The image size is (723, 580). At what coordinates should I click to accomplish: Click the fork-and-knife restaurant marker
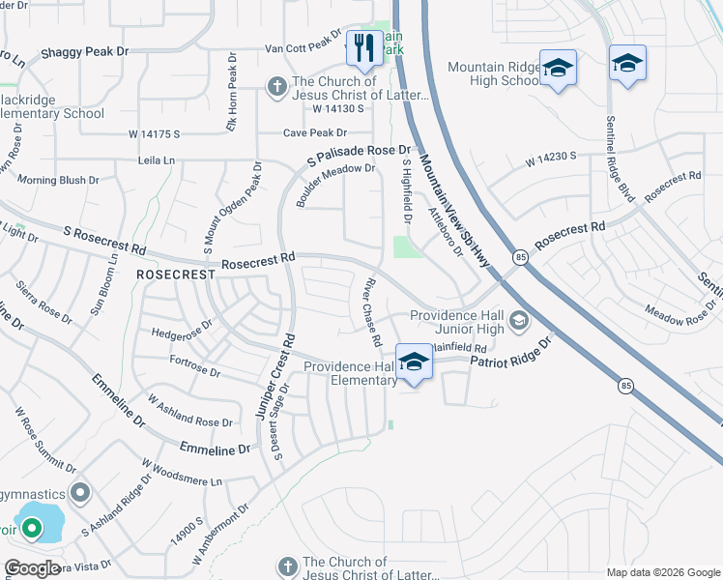[x=363, y=48]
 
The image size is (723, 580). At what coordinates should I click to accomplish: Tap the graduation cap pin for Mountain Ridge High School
[x=558, y=69]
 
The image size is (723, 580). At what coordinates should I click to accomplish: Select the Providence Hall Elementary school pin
[x=414, y=362]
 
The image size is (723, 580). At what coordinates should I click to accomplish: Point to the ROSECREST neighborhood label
[x=175, y=275]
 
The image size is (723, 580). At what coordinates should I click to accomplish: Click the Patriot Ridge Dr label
[x=510, y=355]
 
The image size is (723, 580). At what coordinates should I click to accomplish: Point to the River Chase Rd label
[x=371, y=314]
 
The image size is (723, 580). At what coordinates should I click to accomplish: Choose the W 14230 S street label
[x=551, y=155]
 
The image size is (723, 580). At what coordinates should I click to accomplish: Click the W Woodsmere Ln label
[x=182, y=473]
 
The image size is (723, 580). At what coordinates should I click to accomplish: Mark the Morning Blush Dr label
[x=58, y=180]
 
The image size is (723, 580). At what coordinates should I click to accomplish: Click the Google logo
[x=32, y=568]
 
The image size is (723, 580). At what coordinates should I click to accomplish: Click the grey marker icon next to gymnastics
[x=80, y=493]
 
